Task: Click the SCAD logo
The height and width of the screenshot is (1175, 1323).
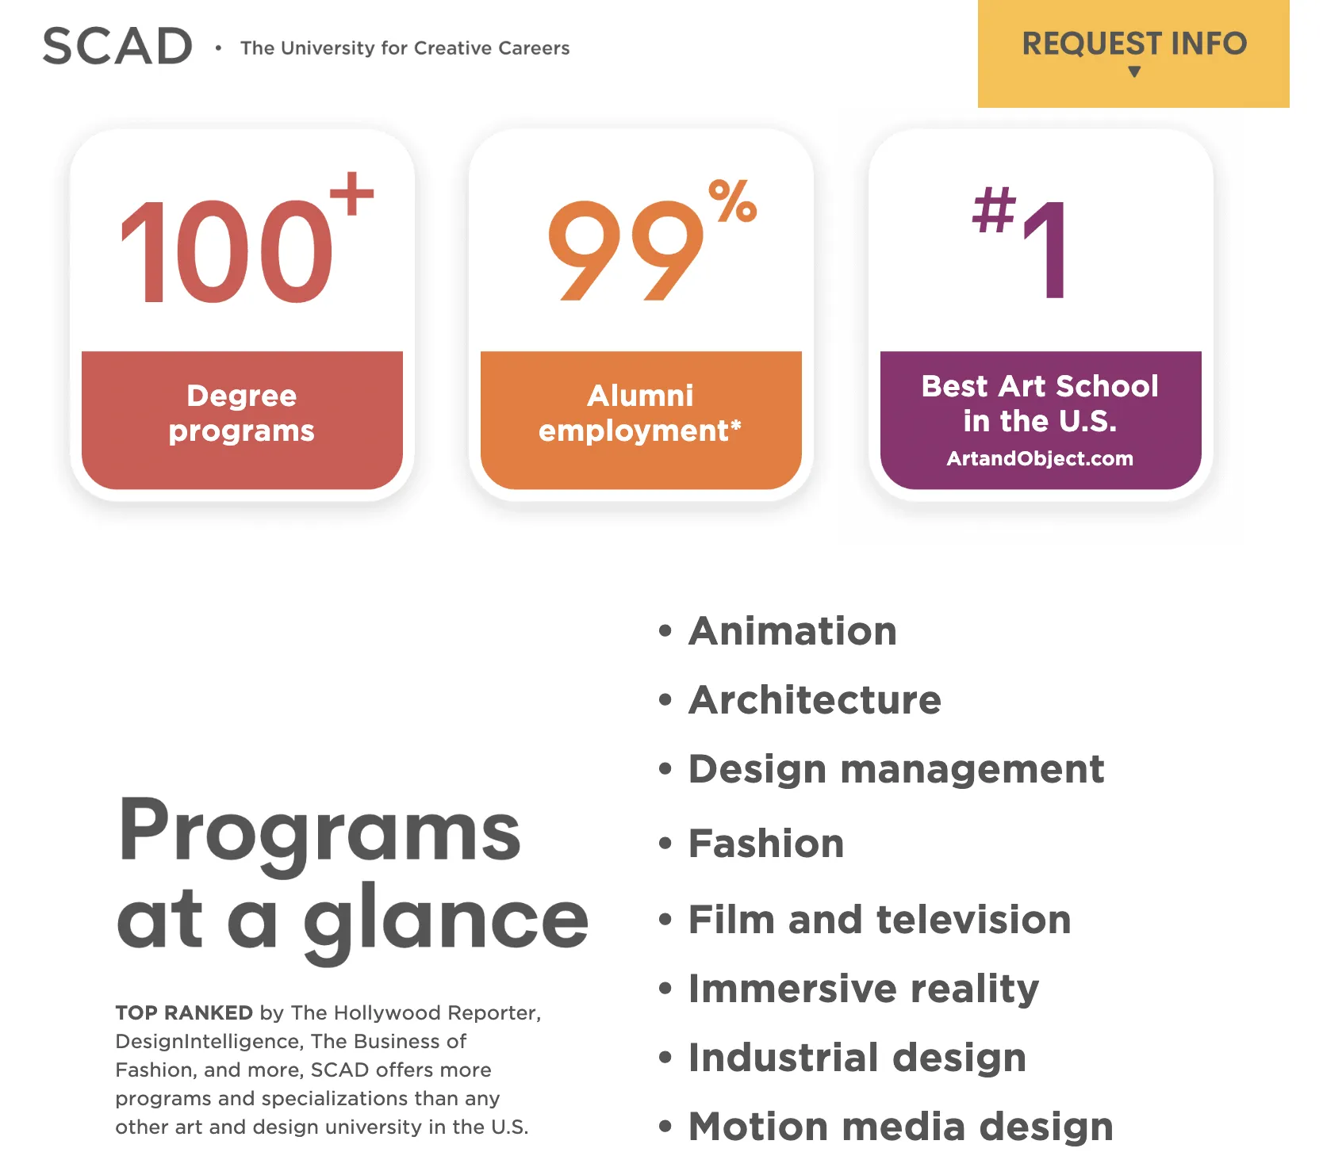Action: [x=117, y=46]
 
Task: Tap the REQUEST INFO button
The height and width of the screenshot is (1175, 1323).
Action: [x=1133, y=53]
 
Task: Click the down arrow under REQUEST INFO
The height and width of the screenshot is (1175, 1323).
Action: [x=1134, y=72]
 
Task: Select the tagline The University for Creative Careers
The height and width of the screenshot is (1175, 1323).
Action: [x=405, y=48]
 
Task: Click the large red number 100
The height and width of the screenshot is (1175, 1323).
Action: [x=226, y=252]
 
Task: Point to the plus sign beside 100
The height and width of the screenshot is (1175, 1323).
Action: [x=351, y=193]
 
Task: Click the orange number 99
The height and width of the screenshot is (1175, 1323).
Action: [x=626, y=251]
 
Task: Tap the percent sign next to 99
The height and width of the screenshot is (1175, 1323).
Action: [x=732, y=201]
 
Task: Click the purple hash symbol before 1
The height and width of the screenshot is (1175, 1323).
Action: [x=994, y=210]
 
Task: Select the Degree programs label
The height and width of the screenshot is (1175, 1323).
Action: [x=242, y=413]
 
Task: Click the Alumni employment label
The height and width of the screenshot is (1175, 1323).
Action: [x=640, y=413]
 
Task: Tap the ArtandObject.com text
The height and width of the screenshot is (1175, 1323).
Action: [x=1040, y=458]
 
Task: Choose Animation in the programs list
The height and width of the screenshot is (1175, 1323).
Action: [x=792, y=631]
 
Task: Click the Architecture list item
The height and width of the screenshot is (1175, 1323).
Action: [x=815, y=700]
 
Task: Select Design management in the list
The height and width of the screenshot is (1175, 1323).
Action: [x=896, y=770]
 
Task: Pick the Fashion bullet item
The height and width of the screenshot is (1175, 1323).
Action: [x=766, y=843]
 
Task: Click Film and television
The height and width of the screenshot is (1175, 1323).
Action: [x=880, y=920]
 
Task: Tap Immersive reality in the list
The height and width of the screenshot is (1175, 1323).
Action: [x=864, y=989]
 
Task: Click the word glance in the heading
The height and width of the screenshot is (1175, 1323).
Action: [x=447, y=922]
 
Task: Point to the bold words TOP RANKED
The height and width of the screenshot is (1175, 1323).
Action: [x=184, y=1012]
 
